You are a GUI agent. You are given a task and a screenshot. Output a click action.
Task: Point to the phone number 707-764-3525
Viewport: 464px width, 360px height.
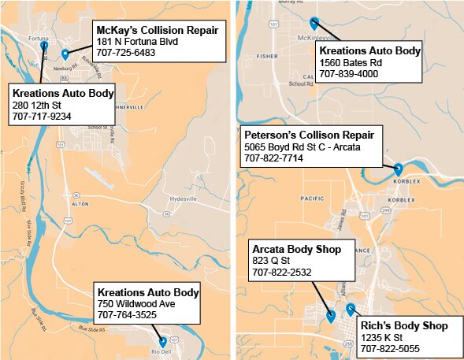(127, 315)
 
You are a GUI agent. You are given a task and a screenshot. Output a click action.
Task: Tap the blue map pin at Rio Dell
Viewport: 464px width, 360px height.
(163, 342)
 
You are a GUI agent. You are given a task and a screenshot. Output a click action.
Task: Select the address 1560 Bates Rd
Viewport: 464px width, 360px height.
(350, 63)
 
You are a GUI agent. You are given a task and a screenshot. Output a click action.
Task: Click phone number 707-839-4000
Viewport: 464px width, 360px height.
(349, 74)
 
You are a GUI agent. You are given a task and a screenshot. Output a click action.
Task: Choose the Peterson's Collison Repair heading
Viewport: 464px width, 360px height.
(309, 135)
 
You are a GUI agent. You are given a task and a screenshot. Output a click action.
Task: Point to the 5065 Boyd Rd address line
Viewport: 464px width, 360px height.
(304, 147)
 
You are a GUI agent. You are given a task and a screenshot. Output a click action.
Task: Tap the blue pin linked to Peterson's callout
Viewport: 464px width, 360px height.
(398, 168)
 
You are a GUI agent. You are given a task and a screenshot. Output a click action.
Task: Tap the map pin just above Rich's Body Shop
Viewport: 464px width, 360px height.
(351, 308)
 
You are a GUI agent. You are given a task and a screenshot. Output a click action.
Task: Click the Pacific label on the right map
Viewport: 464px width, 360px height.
(312, 199)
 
